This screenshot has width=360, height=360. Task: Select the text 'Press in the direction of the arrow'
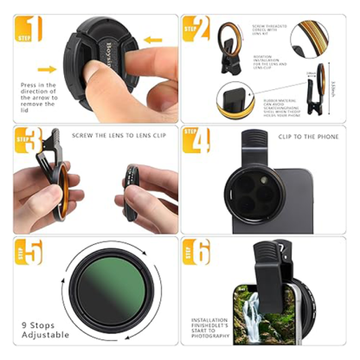pyautogui.click(x=40, y=94)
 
